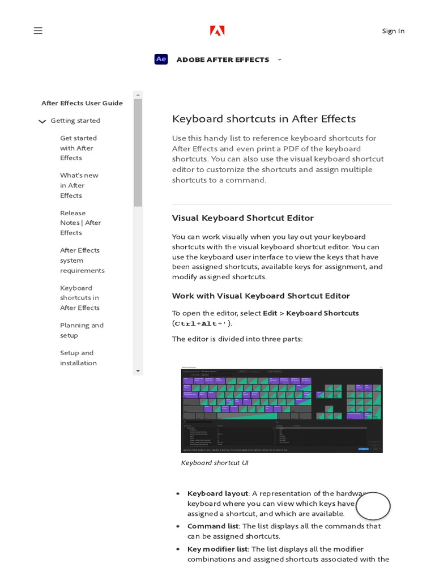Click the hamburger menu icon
click(x=38, y=31)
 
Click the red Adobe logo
click(x=217, y=31)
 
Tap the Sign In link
click(x=393, y=31)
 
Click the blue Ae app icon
click(x=161, y=59)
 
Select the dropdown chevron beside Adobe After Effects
click(x=279, y=59)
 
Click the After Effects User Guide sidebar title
click(x=82, y=103)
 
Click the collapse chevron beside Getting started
click(x=42, y=121)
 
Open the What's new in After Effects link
click(x=79, y=185)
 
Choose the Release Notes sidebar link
click(x=80, y=223)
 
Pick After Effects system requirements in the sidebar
click(x=82, y=260)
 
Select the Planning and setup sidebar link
click(x=82, y=330)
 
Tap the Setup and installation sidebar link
click(x=78, y=357)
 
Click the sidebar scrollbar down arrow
click(x=138, y=370)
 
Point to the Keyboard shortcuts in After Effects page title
click(x=264, y=119)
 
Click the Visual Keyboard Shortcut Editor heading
click(x=242, y=218)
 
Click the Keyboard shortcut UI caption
click(x=215, y=463)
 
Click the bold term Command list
click(x=213, y=526)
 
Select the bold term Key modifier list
click(x=217, y=549)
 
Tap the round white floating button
click(x=373, y=506)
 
